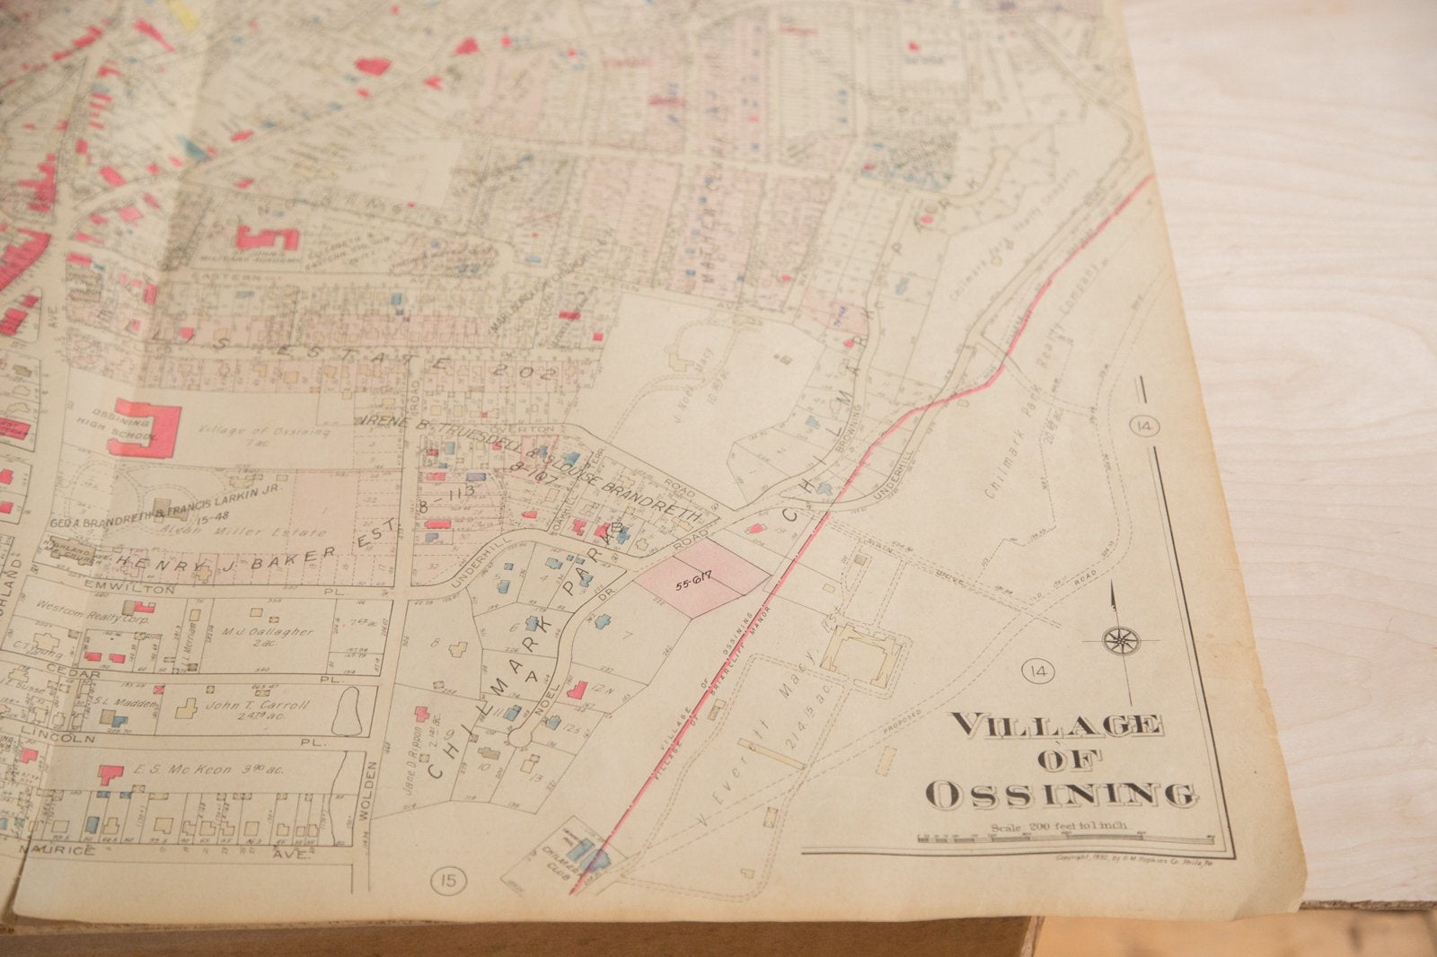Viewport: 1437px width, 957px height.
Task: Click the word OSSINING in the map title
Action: click(x=1060, y=794)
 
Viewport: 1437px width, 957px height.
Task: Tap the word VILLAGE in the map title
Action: click(x=1056, y=724)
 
